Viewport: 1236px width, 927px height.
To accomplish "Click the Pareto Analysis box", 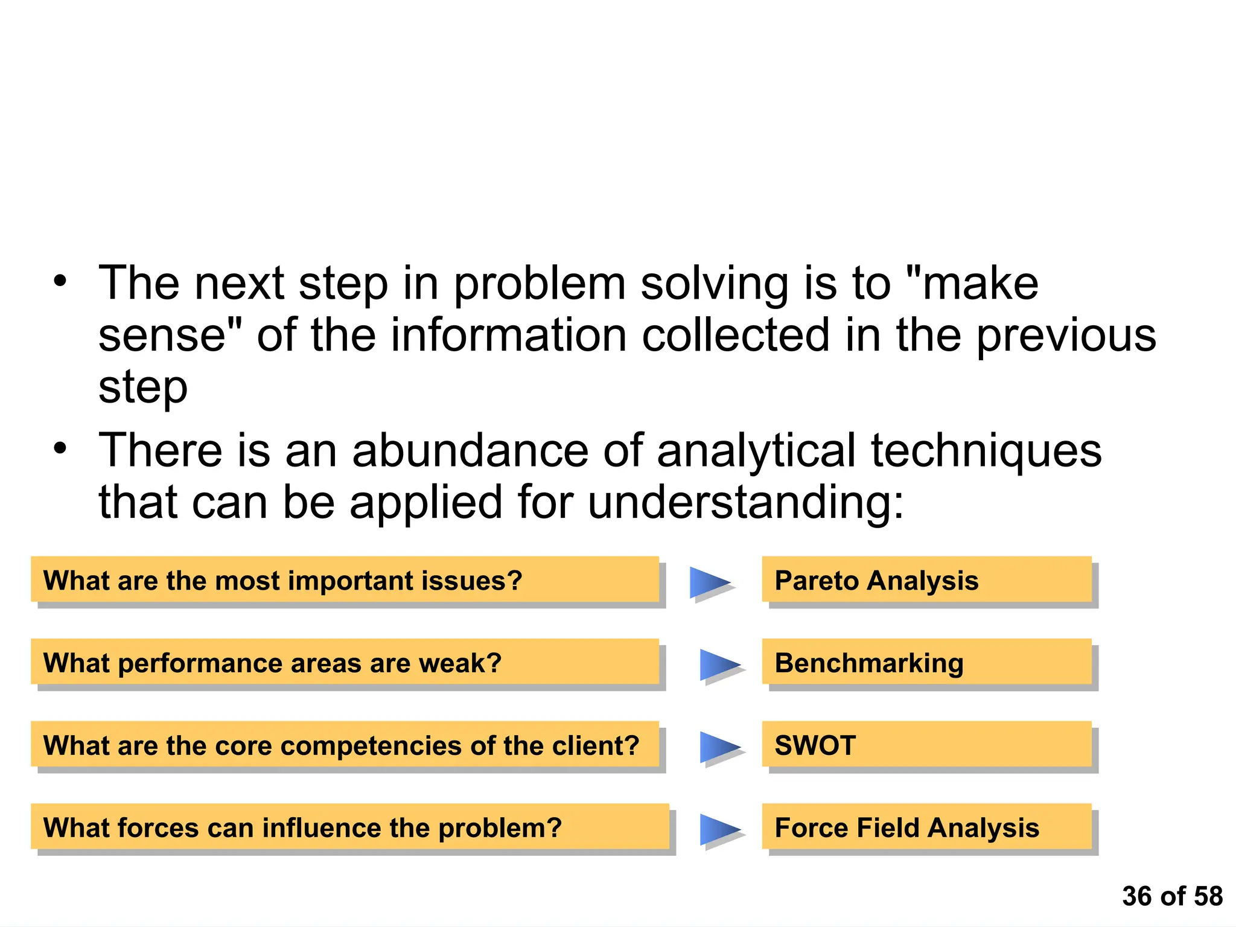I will tap(926, 579).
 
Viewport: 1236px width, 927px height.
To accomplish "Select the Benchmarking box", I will tap(926, 662).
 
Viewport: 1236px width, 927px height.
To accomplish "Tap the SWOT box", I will tap(926, 744).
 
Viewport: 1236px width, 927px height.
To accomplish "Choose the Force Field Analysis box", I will tap(926, 827).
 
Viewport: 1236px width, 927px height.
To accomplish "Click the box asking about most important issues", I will tap(345, 579).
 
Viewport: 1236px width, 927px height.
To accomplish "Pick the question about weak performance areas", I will tap(345, 662).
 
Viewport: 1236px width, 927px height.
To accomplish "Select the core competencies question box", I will tap(345, 744).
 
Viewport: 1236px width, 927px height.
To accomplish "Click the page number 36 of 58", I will tap(1172, 896).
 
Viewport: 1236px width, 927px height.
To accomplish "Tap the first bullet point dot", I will tap(60, 281).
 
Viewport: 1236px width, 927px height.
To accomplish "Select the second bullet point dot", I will tap(60, 448).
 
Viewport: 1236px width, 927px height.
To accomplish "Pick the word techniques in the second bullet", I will tap(986, 451).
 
